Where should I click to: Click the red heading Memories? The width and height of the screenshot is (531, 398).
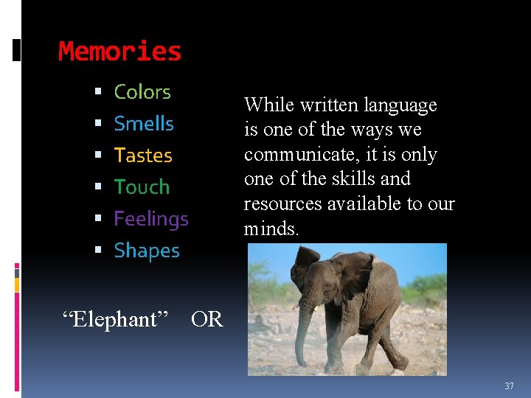point(119,52)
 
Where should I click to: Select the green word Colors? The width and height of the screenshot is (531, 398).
point(142,92)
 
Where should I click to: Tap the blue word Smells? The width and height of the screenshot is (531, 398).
point(144,124)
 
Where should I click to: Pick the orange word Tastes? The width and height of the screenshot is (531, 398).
point(143,156)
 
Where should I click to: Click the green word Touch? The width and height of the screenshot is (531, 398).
point(142,187)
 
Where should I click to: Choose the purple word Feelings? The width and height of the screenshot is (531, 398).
point(151,219)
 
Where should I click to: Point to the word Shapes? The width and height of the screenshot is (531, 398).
point(147,251)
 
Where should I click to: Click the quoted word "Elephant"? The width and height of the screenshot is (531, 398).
point(116,319)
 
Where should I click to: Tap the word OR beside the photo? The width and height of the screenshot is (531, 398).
point(206,319)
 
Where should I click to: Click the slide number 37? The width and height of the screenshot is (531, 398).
point(509,386)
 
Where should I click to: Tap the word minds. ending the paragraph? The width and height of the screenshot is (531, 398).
point(271,228)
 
